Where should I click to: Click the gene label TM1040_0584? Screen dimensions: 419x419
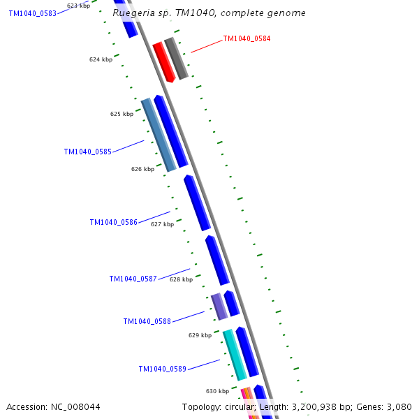247,39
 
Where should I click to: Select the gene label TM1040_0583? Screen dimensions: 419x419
32,13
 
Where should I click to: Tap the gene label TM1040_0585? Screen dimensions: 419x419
87,152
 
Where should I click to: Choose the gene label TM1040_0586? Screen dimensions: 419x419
113,222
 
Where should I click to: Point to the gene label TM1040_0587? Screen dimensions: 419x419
133,279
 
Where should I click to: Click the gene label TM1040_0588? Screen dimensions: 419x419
147,321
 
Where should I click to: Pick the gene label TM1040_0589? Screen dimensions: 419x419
162,369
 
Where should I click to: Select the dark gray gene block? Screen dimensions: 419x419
177,59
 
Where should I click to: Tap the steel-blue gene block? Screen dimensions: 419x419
158,135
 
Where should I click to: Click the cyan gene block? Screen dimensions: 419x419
235,355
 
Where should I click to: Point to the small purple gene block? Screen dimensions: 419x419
219,307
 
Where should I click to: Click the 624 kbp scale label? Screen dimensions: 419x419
101,59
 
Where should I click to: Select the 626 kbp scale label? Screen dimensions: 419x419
142,169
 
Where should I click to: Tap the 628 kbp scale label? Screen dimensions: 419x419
181,279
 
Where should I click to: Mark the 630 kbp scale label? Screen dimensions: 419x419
217,391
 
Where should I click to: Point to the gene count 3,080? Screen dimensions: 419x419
399,406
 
